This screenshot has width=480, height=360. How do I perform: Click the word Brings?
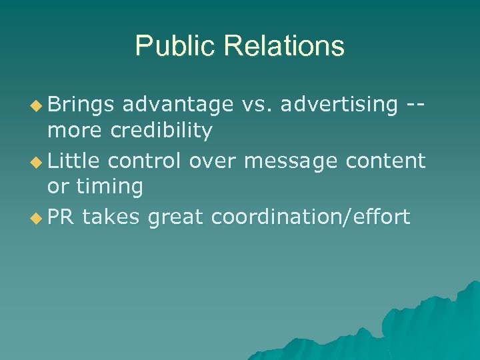[x=81, y=104]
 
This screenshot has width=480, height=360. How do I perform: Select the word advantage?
[x=177, y=104]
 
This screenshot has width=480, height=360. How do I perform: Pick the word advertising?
[x=340, y=104]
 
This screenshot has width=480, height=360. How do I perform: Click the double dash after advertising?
[x=415, y=104]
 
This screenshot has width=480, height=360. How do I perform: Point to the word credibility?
[x=161, y=131]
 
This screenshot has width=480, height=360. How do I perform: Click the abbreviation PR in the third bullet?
[x=57, y=217]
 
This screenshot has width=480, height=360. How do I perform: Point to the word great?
[x=177, y=217]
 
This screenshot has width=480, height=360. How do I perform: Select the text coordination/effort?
[x=311, y=217]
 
